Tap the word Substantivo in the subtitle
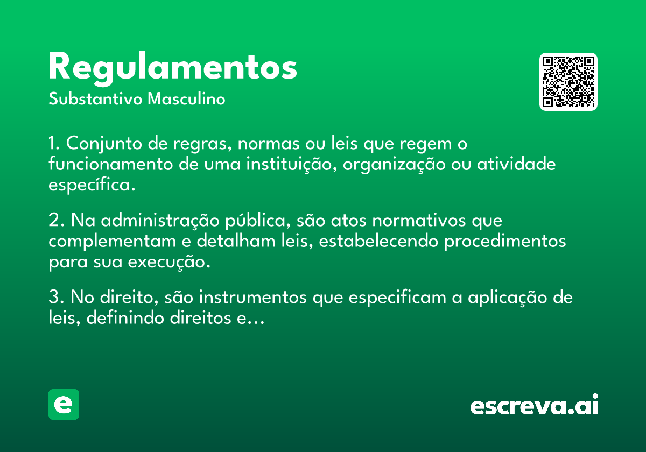(x=95, y=99)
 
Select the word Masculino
(x=186, y=99)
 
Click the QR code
(x=568, y=82)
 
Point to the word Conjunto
(x=104, y=144)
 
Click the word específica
(x=92, y=185)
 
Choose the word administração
(x=160, y=221)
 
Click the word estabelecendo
(x=378, y=241)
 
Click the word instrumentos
(x=253, y=297)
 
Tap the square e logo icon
(x=64, y=404)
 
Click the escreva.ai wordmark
(x=534, y=405)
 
